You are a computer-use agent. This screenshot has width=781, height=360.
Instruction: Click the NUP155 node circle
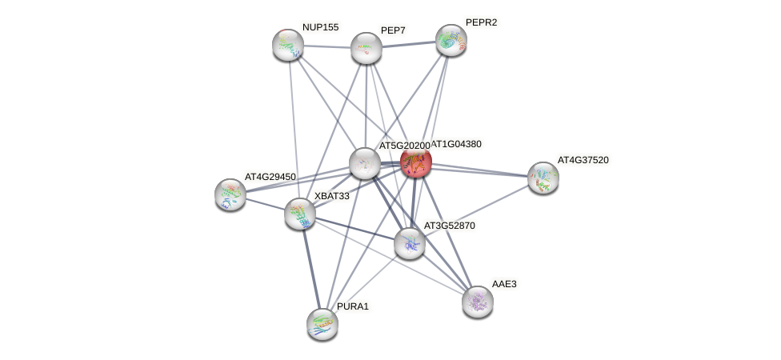point(287,45)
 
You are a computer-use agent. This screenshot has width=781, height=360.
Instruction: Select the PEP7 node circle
point(366,48)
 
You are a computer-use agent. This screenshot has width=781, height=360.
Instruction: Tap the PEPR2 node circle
point(451,40)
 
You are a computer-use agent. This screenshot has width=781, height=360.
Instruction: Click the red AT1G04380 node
point(416,162)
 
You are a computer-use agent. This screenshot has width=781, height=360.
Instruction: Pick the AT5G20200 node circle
point(365,163)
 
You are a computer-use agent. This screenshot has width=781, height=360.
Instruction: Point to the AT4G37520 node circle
point(543,178)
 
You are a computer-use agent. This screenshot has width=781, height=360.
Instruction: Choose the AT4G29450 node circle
point(230,194)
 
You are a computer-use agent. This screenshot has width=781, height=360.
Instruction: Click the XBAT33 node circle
point(300,213)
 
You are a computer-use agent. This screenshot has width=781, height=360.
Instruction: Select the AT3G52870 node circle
point(410,242)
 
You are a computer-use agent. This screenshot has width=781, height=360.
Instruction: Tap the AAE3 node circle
point(478,302)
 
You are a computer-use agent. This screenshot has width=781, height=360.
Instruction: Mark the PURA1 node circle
point(322,323)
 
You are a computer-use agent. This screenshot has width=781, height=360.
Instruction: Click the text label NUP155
point(320,27)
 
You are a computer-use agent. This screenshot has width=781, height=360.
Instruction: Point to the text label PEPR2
point(481,22)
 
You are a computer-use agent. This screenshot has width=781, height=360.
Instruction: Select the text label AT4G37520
point(583,160)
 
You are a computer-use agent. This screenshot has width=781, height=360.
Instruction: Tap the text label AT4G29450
point(270,176)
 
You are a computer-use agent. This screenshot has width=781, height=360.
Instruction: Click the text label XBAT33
point(331,196)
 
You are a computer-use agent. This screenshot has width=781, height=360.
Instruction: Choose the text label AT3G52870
point(449,226)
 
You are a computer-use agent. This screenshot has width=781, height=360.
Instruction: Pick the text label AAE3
point(504,284)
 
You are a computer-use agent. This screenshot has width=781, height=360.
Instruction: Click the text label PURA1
point(352,306)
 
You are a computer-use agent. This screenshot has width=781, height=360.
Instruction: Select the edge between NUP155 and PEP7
point(326,46)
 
